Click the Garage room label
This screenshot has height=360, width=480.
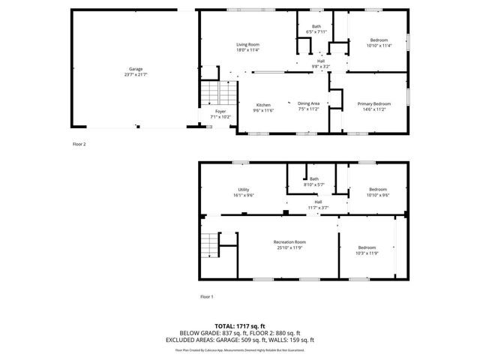tap(136, 69)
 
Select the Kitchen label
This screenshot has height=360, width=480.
tap(263, 104)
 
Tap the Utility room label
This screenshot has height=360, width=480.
tap(243, 190)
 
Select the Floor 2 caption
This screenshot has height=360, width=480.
tap(79, 143)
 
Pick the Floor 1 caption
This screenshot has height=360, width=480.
tap(206, 297)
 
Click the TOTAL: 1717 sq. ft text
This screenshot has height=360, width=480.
tap(240, 326)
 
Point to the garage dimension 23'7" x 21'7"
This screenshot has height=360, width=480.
tap(136, 74)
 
